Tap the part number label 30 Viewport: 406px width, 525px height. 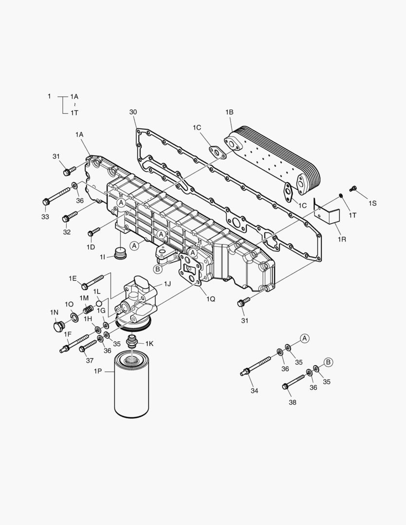pos(133,112)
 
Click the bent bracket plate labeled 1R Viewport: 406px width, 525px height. pos(327,211)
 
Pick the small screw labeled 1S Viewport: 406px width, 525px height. pos(353,189)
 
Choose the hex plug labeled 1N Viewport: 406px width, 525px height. pos(59,326)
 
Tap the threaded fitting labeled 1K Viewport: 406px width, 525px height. pos(131,341)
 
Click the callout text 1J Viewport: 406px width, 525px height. pos(167,283)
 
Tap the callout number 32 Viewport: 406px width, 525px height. pos(67,232)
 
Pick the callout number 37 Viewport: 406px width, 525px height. pos(90,360)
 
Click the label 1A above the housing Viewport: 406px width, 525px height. pos(79,134)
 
